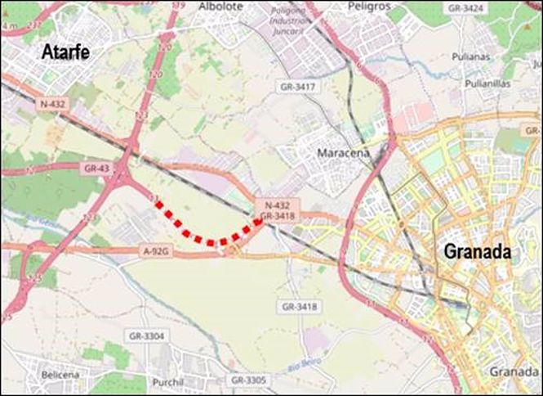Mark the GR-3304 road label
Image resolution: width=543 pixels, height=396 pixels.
[x=147, y=335]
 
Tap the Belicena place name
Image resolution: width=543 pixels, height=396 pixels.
[x=60, y=374]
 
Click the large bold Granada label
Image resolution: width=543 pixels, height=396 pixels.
[x=477, y=251]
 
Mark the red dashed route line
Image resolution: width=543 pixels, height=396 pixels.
[x=208, y=239]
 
